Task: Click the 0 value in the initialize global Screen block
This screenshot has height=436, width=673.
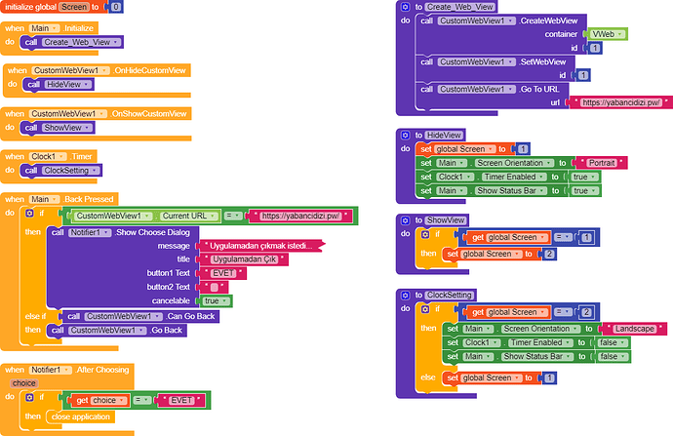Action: pos(115,7)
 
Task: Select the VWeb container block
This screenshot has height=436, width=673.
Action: pos(607,34)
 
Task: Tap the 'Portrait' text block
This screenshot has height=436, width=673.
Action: pos(602,163)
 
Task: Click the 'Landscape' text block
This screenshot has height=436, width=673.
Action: pos(634,329)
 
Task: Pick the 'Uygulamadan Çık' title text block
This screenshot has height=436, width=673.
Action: pos(244,259)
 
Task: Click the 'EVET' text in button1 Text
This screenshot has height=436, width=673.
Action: pos(222,273)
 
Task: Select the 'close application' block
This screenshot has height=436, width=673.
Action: pos(81,416)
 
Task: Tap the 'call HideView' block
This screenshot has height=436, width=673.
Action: pos(58,85)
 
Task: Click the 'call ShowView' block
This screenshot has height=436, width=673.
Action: pos(58,128)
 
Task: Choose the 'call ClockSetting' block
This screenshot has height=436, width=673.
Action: pos(61,171)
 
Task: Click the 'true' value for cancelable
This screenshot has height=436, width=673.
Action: pos(216,300)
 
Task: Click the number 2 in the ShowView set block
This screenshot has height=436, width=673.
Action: pos(549,254)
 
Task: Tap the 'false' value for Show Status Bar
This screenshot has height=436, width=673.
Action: pos(613,356)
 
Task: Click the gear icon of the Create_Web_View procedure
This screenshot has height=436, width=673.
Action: pos(405,7)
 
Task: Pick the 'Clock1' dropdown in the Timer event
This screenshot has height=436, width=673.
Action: pos(48,156)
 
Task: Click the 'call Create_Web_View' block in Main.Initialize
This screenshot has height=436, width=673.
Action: pos(72,42)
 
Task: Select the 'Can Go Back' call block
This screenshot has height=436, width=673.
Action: pos(139,316)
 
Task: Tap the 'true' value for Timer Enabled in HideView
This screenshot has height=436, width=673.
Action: pos(583,177)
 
